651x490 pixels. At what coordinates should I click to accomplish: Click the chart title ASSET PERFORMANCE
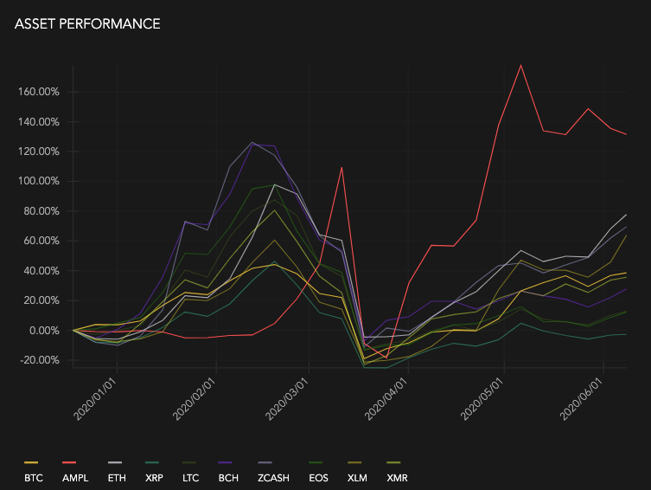click(x=87, y=24)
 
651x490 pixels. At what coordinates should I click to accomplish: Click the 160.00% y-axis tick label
click(x=37, y=92)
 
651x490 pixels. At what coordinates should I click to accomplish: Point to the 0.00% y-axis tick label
click(x=42, y=331)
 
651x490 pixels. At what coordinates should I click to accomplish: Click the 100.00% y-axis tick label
click(x=37, y=182)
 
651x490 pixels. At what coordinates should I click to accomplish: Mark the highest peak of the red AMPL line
click(x=521, y=65)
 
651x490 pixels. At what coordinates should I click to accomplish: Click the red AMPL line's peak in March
click(x=343, y=168)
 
